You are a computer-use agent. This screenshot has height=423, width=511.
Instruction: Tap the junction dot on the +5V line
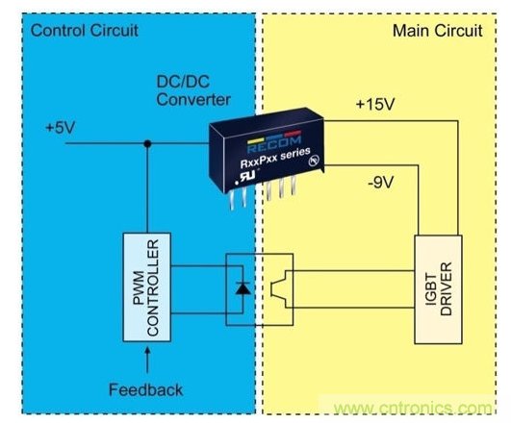pyautogui.click(x=146, y=145)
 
